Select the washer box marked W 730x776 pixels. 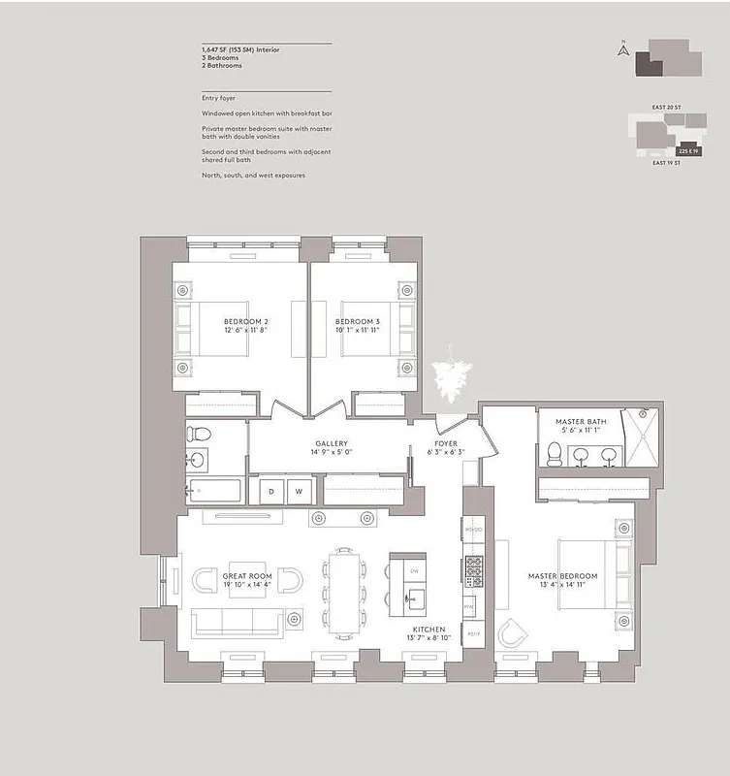tap(299, 492)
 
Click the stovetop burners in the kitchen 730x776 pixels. tap(474, 570)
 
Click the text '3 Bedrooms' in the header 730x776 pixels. tap(221, 57)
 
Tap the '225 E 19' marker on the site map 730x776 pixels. tap(687, 152)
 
